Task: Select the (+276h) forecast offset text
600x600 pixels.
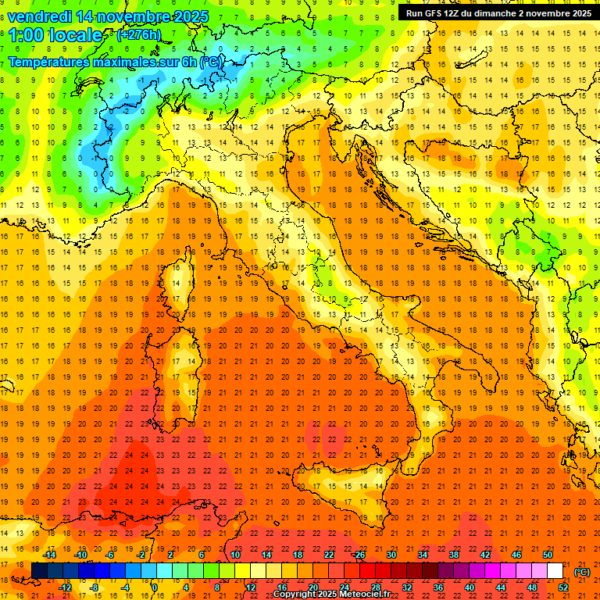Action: tap(138, 35)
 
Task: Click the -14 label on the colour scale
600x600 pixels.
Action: tap(50, 555)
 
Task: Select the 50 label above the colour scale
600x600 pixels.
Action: tap(547, 555)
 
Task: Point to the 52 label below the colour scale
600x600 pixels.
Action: tap(563, 587)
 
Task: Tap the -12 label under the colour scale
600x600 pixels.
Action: tap(66, 587)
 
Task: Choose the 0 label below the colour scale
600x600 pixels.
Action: tap(155, 587)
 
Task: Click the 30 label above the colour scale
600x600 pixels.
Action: tap(391, 555)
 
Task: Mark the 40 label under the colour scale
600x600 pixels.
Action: tap(469, 587)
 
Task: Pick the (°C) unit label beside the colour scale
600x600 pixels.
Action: tap(582, 572)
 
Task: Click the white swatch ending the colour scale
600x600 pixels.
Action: tap(555, 571)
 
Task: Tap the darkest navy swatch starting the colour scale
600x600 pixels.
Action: tap(39, 571)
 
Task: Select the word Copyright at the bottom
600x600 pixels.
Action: tap(294, 595)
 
